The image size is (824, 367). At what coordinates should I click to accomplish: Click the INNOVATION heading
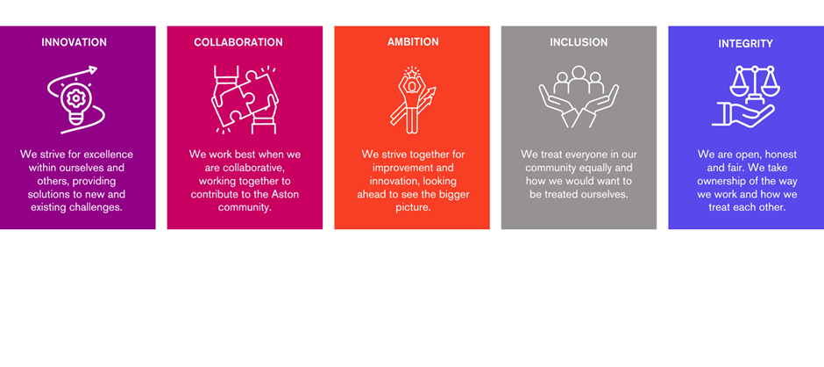tap(75, 42)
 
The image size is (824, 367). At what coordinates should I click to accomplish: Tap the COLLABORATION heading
tap(238, 42)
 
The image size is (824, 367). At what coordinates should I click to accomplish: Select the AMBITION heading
tap(413, 42)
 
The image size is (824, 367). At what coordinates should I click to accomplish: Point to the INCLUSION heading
tap(579, 42)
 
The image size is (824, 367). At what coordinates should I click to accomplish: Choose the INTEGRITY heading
tap(746, 44)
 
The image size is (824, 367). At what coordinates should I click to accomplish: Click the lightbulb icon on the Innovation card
tap(75, 100)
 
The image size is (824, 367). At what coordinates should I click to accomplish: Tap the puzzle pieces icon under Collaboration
tap(245, 99)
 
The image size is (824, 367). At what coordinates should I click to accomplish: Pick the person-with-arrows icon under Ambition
tap(413, 99)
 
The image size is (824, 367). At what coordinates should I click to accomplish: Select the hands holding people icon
tap(579, 97)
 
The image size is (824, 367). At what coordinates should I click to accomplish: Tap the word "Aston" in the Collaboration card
tap(286, 195)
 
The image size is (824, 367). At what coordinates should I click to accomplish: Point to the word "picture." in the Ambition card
tap(413, 208)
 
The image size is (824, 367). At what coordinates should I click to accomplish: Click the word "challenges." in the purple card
tap(96, 208)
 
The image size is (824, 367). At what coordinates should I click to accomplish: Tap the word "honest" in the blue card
tap(781, 155)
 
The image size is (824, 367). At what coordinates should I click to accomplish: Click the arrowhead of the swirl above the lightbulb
tap(93, 69)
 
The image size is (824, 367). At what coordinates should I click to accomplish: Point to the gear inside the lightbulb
tap(75, 99)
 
